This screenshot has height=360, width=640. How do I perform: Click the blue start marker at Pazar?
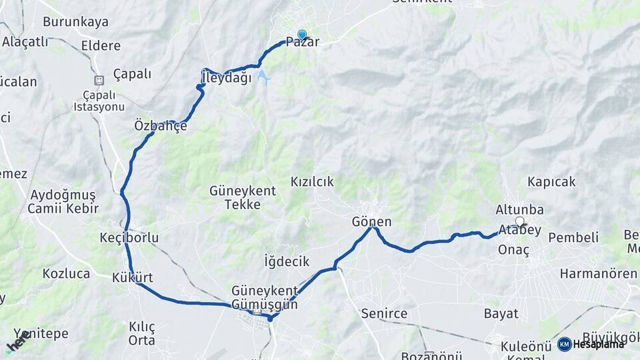(302, 35)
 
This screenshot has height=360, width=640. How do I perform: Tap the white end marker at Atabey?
(519, 221)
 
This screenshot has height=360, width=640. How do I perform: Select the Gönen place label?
(372, 222)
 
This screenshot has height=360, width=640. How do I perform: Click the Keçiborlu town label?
(129, 238)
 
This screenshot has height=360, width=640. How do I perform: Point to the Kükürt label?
(133, 277)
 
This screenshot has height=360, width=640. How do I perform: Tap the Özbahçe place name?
(161, 125)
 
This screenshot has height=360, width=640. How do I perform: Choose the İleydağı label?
(227, 78)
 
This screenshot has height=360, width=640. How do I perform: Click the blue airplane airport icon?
(264, 77)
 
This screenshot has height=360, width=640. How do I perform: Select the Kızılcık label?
(312, 182)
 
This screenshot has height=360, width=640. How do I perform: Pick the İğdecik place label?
(287, 261)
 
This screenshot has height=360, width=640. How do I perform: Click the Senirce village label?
(383, 313)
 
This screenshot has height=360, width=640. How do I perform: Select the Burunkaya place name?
(75, 22)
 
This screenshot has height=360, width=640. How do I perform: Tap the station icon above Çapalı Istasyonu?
(99, 80)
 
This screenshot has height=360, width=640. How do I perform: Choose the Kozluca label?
(66, 273)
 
